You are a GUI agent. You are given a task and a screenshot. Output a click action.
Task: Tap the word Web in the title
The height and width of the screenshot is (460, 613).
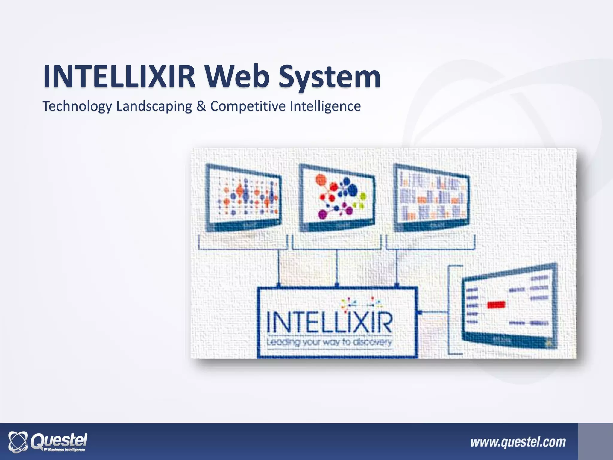236,76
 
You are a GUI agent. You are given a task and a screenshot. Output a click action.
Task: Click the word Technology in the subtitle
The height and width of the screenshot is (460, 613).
77,106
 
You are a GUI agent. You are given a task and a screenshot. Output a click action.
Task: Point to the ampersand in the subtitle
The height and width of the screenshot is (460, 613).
201,106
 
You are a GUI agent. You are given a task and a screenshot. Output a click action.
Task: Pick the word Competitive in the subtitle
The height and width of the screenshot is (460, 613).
248,106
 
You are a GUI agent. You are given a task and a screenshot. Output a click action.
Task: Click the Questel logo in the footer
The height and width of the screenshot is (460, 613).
48,441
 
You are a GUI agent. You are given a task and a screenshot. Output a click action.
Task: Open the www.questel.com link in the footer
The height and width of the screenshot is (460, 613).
518,442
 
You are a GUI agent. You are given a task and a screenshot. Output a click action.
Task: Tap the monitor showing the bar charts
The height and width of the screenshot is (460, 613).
431,198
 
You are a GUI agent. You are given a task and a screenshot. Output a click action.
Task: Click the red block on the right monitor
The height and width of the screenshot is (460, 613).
496,305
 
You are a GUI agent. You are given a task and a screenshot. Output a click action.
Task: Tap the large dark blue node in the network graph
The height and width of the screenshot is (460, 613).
353,189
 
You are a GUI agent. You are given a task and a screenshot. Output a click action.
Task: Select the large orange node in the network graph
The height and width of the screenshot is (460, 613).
321,180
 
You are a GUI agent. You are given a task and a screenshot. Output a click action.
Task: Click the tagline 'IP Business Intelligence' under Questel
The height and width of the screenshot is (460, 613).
64,450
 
